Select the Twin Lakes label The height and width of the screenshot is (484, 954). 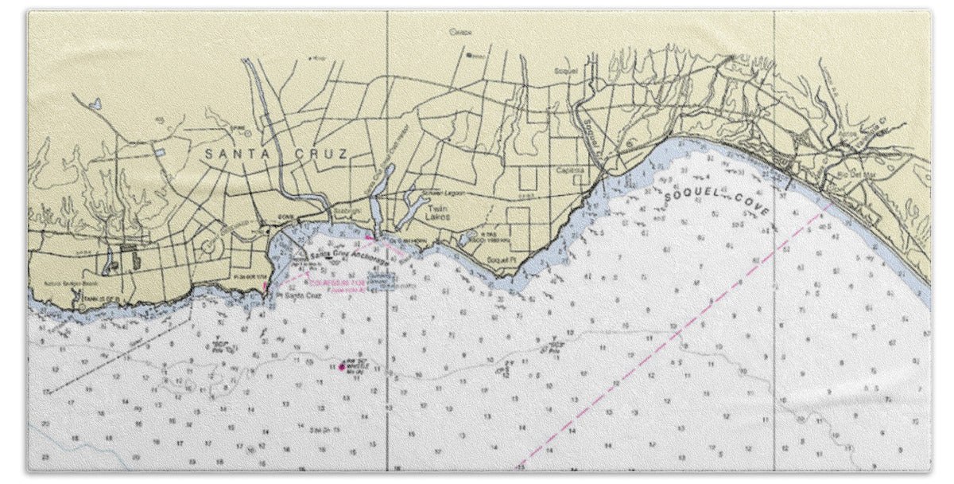(439, 212)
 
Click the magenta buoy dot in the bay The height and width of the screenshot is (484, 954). (342, 366)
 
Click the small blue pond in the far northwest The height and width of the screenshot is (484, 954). (95, 103)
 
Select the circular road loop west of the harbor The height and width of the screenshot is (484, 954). (208, 248)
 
